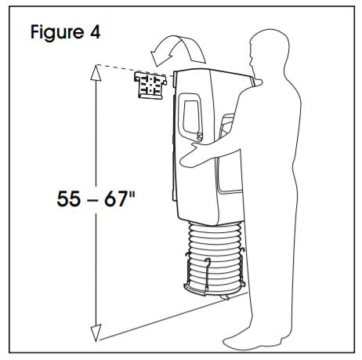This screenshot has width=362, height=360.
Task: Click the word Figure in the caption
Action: tap(57, 32)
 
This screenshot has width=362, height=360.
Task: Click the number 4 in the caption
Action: tap(96, 32)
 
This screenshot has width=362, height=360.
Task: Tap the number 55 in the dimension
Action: tap(68, 198)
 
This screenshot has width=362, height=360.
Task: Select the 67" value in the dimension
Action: tap(119, 198)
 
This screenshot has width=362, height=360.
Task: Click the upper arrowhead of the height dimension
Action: tap(96, 72)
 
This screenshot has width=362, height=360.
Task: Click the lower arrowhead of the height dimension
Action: tap(96, 333)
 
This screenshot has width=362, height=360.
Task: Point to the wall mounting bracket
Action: tap(150, 85)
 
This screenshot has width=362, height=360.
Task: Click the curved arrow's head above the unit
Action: tap(161, 56)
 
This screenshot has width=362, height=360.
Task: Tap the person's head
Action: tap(269, 53)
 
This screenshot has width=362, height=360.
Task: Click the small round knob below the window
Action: tap(199, 136)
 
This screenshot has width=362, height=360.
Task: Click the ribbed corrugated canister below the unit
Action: tap(215, 256)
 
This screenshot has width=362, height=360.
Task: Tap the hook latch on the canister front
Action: tap(207, 273)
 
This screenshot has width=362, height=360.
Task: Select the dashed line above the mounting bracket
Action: tap(135, 70)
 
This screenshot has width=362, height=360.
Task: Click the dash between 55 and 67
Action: tap(92, 201)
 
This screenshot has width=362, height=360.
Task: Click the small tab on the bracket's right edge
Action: tap(165, 82)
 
